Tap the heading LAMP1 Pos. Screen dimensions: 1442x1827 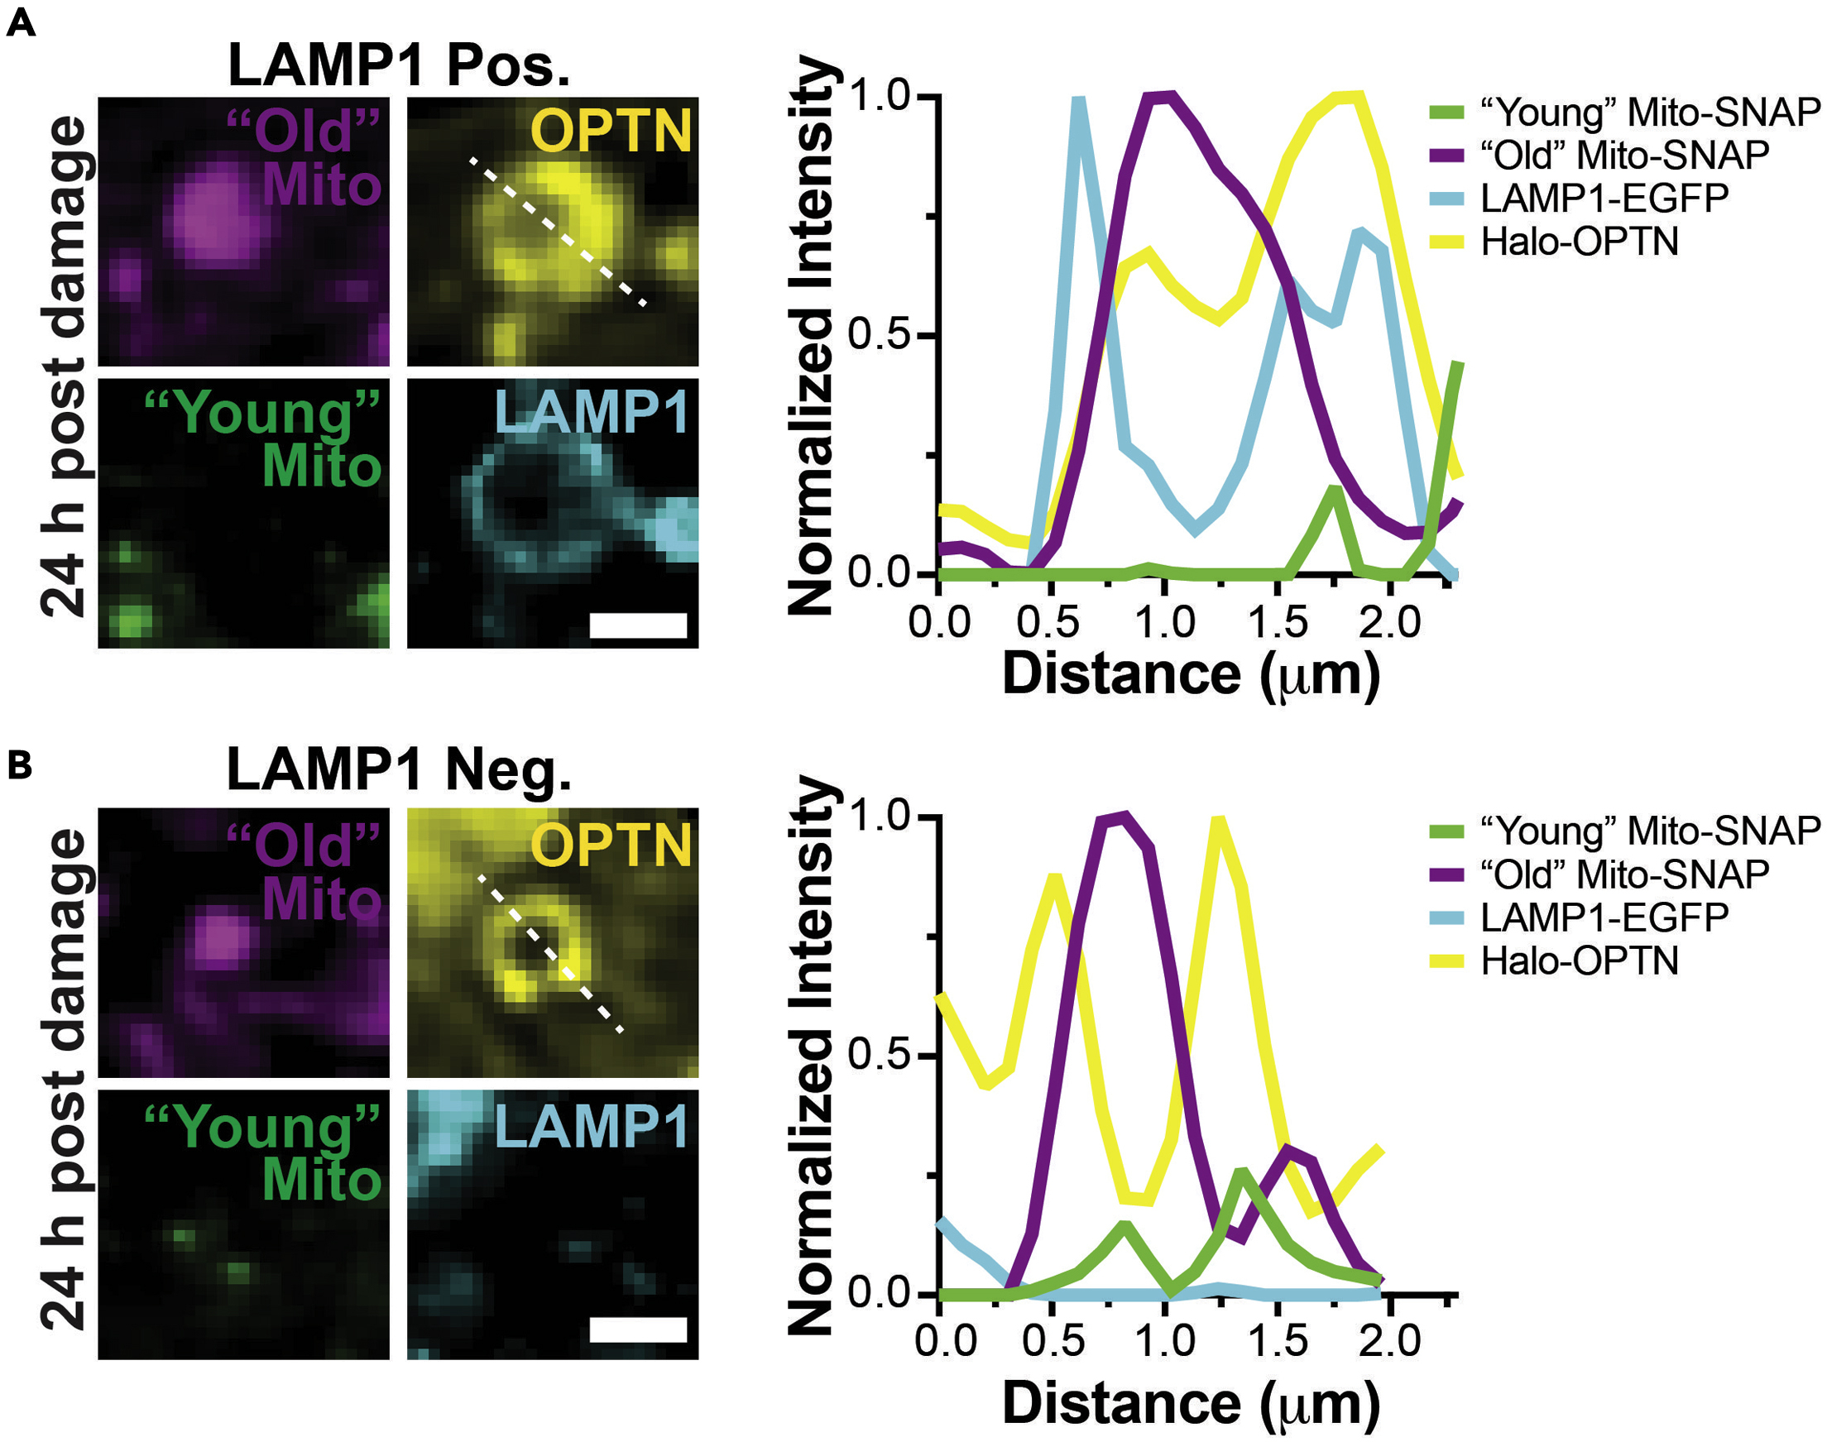399,65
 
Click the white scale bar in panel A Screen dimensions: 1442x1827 637,625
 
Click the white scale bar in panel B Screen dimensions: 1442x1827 637,1330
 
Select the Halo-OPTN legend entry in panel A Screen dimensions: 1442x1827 1579,242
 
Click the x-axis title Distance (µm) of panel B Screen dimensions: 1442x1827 1191,1402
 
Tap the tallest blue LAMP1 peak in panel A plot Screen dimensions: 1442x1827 1078,101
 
